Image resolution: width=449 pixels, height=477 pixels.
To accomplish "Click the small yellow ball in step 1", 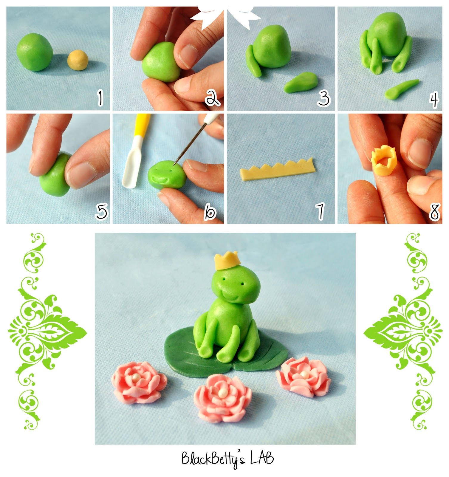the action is tap(78, 60).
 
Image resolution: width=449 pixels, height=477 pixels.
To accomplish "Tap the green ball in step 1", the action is tap(35, 52).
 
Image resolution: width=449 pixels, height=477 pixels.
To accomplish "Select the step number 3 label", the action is tap(324, 98).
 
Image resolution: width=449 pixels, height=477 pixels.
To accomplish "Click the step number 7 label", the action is tap(321, 211).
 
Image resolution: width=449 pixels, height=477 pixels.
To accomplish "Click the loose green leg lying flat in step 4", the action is tap(401, 89).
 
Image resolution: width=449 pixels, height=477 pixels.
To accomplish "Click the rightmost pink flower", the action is tap(303, 377).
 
